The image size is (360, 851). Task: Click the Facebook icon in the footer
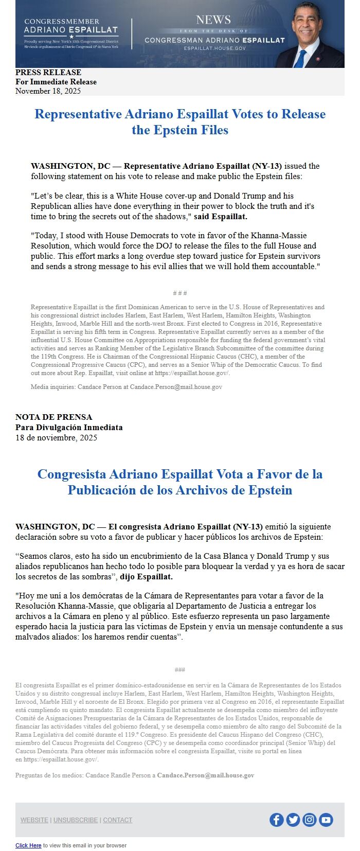[x=277, y=820]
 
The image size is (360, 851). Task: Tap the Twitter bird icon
[x=293, y=820]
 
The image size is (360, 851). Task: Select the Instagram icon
[x=310, y=820]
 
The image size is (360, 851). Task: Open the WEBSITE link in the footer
[x=34, y=820]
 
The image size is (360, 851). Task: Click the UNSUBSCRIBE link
[x=76, y=820]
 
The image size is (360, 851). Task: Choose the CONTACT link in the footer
[x=118, y=820]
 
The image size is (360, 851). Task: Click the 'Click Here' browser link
[x=28, y=845]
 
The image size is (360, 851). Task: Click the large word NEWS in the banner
[x=213, y=20]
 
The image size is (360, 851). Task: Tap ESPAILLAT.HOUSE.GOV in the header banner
[x=215, y=48]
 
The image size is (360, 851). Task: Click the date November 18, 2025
[x=48, y=91]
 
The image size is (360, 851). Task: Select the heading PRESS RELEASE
[x=48, y=73]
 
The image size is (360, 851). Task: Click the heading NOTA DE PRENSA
[x=54, y=417]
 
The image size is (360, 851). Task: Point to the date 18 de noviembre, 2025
[x=56, y=438]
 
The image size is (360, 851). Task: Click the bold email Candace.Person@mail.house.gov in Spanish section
[x=206, y=775]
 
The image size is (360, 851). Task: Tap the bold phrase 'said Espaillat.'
[x=221, y=217]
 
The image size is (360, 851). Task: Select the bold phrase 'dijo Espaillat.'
[x=147, y=577]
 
